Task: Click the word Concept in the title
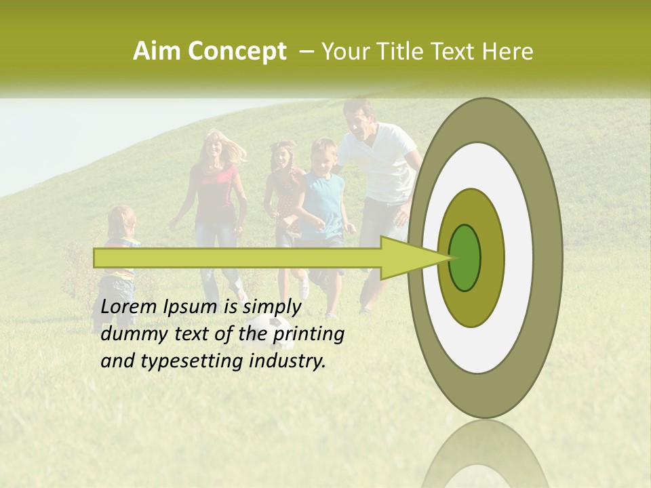[237, 52]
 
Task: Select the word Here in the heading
[508, 52]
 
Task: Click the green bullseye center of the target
[465, 258]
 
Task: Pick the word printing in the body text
[308, 334]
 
